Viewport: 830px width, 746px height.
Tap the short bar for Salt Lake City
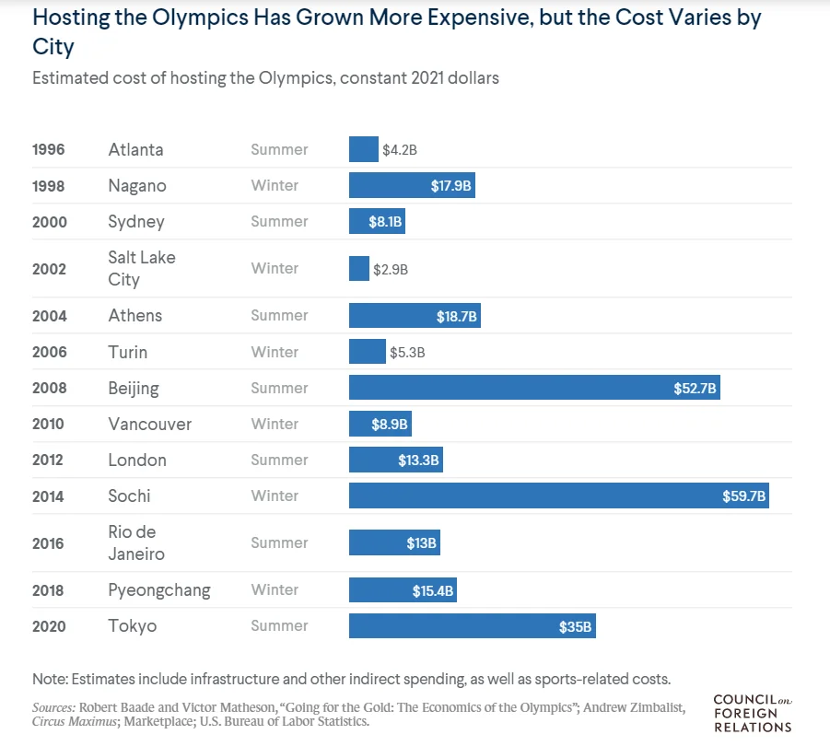click(359, 269)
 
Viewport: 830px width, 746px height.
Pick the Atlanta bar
click(364, 149)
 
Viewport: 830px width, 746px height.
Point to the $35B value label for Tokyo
click(576, 626)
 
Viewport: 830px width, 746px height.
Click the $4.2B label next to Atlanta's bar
click(400, 149)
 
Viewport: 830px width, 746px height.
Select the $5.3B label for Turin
click(407, 352)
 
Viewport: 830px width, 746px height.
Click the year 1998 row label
click(49, 186)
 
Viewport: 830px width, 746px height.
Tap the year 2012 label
click(49, 460)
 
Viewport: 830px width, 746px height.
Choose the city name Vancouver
click(149, 425)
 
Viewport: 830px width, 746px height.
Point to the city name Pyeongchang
click(158, 590)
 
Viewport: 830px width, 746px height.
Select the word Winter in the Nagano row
click(275, 186)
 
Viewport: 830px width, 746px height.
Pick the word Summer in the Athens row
click(279, 316)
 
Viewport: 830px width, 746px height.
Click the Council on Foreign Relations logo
click(752, 714)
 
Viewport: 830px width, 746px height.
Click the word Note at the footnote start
click(50, 679)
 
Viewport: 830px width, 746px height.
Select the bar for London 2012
click(396, 460)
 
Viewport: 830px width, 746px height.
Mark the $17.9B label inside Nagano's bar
click(451, 186)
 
